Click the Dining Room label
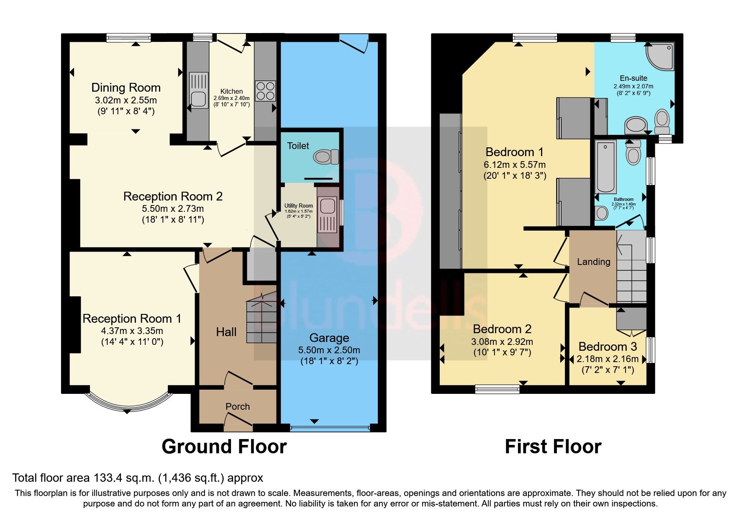126,87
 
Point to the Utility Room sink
327,206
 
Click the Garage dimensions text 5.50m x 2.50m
329,350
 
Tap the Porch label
237,406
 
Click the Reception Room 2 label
173,196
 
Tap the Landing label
593,262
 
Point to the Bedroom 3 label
608,347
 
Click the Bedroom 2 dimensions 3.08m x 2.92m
502,342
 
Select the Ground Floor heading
224,447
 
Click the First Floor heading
553,447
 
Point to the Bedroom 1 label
514,152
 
